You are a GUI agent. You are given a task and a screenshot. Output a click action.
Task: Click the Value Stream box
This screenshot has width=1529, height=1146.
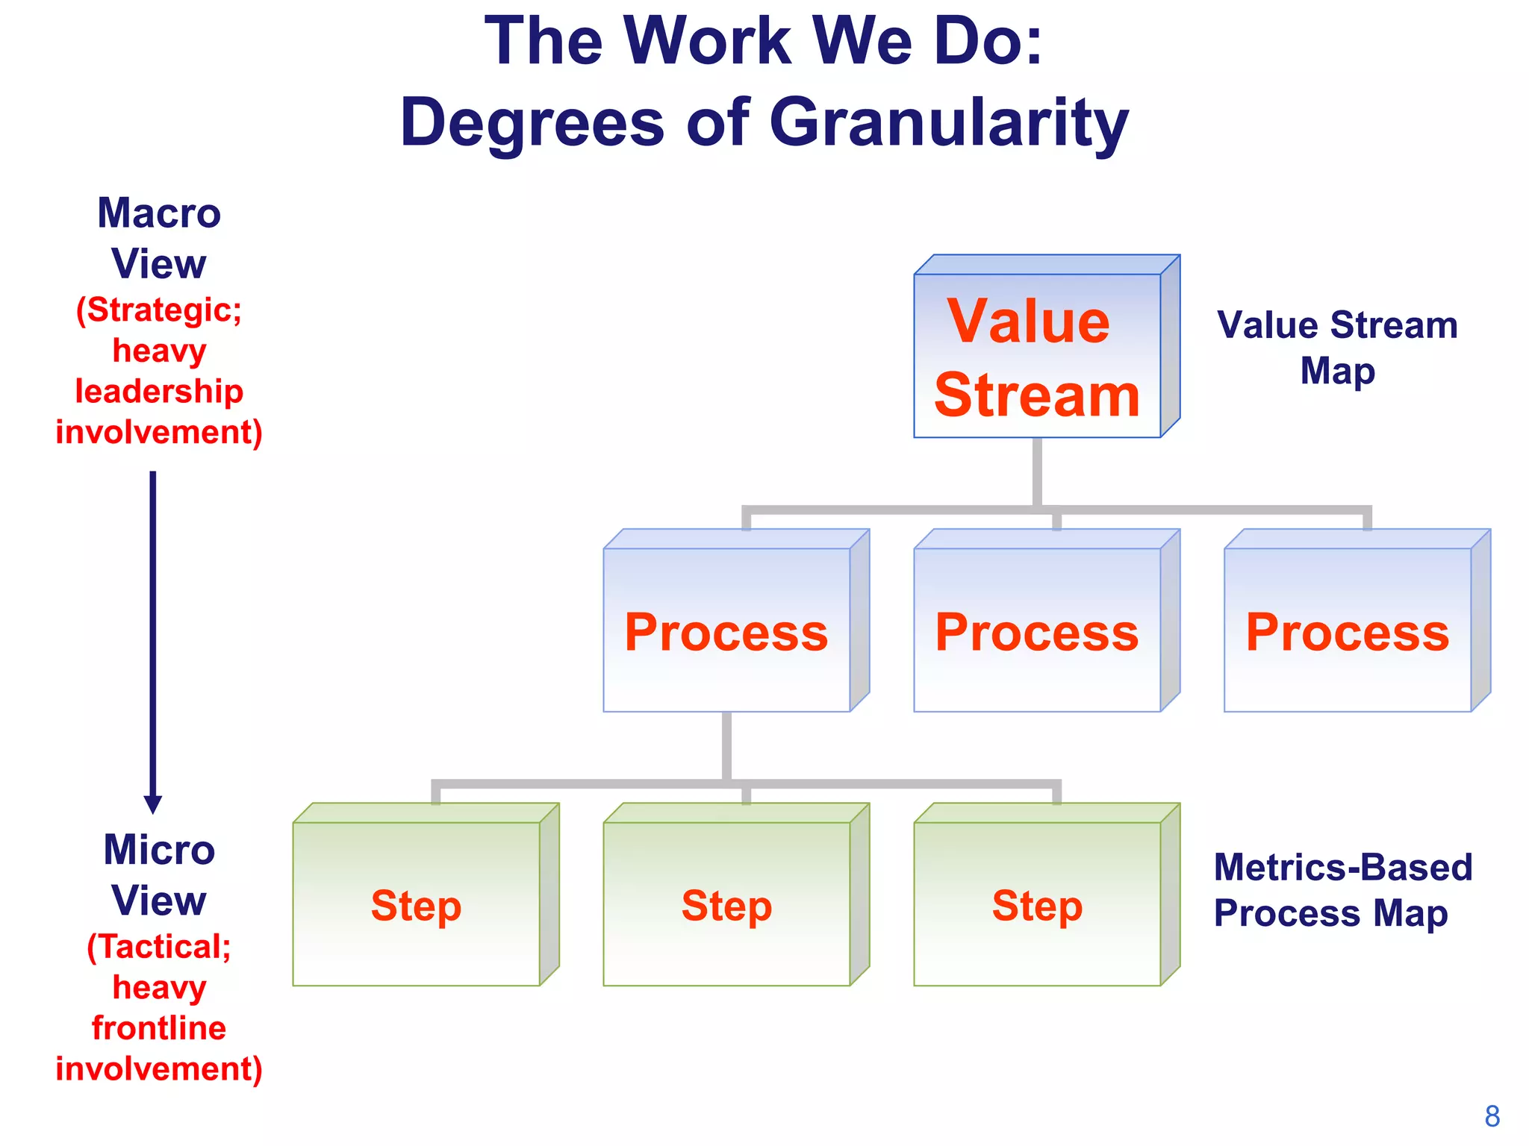[1038, 356]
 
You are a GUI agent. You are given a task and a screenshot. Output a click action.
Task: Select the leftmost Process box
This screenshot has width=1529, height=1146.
[726, 630]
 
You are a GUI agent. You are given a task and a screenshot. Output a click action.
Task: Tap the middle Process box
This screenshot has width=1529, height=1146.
[1037, 630]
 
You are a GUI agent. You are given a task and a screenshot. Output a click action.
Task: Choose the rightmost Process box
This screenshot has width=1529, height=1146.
[1348, 630]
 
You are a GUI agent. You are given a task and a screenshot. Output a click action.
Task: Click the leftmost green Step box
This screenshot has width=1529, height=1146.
[416, 904]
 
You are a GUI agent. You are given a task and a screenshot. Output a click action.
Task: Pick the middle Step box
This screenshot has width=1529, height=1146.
[726, 904]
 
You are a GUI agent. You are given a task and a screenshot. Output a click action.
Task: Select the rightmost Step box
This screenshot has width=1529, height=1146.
[1037, 904]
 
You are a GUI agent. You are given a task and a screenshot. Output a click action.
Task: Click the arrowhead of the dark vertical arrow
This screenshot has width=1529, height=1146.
[153, 804]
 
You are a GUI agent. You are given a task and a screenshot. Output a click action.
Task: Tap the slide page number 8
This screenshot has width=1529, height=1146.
[1492, 1117]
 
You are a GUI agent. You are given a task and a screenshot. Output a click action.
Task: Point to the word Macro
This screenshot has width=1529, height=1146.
[159, 213]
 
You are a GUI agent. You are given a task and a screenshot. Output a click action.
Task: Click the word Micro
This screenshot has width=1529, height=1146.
[159, 850]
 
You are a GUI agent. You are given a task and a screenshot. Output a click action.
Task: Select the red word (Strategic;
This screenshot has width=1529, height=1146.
[159, 310]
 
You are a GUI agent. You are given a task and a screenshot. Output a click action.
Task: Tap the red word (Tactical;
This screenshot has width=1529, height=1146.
[159, 947]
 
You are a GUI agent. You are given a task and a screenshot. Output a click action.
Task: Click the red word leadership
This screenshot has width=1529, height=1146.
[159, 392]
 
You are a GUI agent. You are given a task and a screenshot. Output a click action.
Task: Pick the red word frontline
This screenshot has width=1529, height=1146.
[159, 1028]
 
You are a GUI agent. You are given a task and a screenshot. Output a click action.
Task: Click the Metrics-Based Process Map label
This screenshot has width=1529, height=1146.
[1342, 890]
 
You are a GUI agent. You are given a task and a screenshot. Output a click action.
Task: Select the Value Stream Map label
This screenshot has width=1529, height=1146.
[1337, 348]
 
